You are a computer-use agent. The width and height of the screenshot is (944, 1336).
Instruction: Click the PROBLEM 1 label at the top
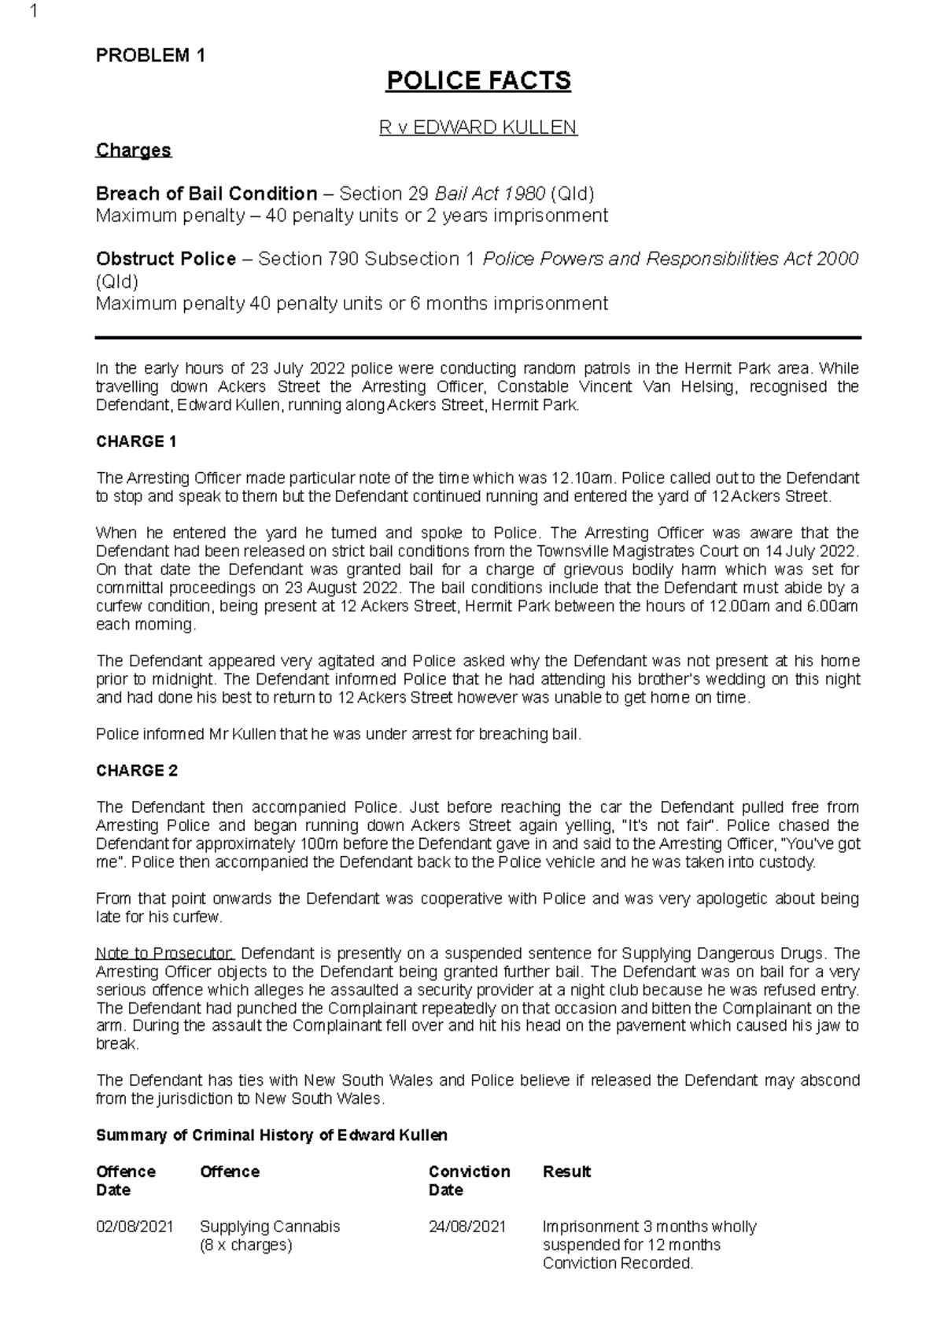pyautogui.click(x=150, y=56)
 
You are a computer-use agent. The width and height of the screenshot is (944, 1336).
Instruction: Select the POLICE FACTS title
pyautogui.click(x=478, y=80)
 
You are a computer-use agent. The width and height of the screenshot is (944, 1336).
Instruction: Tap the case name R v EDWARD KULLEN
pyautogui.click(x=478, y=127)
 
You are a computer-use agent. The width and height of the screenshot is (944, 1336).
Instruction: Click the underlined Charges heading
pyautogui.click(x=133, y=150)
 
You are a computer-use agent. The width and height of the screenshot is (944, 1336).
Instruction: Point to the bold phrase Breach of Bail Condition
pyautogui.click(x=206, y=194)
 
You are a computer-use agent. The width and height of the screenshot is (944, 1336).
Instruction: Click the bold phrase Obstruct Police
pyautogui.click(x=165, y=259)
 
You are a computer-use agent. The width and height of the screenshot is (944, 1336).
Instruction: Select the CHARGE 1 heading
pyautogui.click(x=136, y=441)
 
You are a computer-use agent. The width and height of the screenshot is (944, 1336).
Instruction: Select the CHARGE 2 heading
pyautogui.click(x=136, y=770)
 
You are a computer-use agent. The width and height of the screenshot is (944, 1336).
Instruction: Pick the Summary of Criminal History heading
pyautogui.click(x=271, y=1135)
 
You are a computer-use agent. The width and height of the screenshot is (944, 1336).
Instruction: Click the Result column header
pyautogui.click(x=566, y=1172)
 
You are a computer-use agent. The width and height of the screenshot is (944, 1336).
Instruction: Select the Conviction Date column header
pyautogui.click(x=469, y=1180)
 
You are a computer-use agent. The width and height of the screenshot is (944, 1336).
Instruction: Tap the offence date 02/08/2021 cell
pyautogui.click(x=135, y=1227)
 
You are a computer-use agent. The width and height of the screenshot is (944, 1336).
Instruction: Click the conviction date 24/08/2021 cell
pyautogui.click(x=467, y=1227)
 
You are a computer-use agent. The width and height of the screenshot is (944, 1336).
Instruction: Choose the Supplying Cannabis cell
pyautogui.click(x=270, y=1227)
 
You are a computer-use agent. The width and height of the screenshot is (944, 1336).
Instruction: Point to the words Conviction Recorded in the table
pyautogui.click(x=618, y=1264)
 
